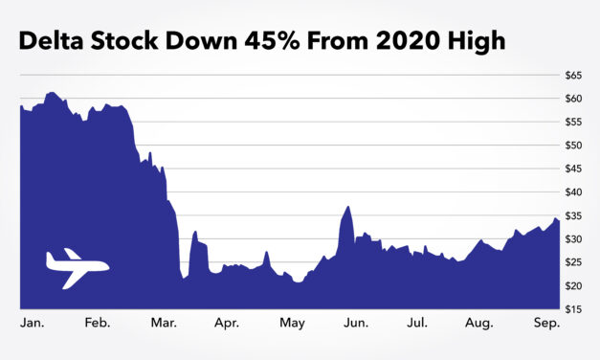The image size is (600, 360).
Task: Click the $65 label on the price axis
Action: coord(575,75)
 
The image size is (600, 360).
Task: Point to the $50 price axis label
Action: coord(575,146)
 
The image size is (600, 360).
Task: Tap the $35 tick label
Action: coord(575,215)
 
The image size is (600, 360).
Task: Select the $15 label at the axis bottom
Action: coord(575,309)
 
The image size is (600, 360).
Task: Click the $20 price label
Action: coord(575,286)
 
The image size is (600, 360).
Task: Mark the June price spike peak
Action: coord(347,207)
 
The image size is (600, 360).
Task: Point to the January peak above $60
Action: coord(52,93)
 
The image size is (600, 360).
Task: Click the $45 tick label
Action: coord(575,169)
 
